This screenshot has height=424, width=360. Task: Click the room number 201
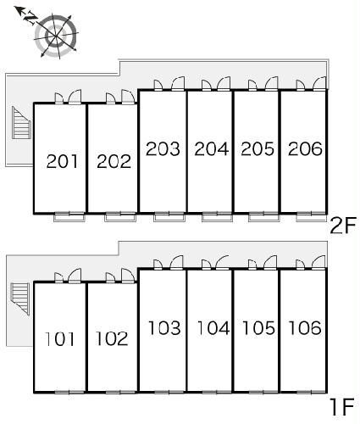click(x=62, y=161)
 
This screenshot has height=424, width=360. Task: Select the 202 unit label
click(x=114, y=161)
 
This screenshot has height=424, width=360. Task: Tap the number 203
click(x=163, y=148)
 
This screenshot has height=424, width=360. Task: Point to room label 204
click(x=212, y=148)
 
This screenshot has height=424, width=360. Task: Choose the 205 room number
click(x=258, y=148)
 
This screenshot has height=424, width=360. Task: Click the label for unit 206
click(x=305, y=148)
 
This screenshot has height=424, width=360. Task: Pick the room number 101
click(x=60, y=339)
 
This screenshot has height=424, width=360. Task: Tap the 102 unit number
click(x=112, y=338)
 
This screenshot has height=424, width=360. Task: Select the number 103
click(x=164, y=328)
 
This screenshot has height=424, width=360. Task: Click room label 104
click(x=213, y=328)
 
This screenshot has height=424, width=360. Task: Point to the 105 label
click(x=258, y=328)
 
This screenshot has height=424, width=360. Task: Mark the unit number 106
click(x=305, y=328)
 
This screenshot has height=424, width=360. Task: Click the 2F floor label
click(x=343, y=226)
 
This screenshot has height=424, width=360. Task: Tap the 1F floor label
click(x=342, y=406)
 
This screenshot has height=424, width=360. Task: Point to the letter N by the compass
click(x=30, y=18)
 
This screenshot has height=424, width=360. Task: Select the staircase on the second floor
click(x=21, y=123)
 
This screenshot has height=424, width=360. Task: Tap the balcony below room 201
click(x=69, y=217)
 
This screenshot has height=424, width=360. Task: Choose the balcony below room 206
click(x=311, y=217)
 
